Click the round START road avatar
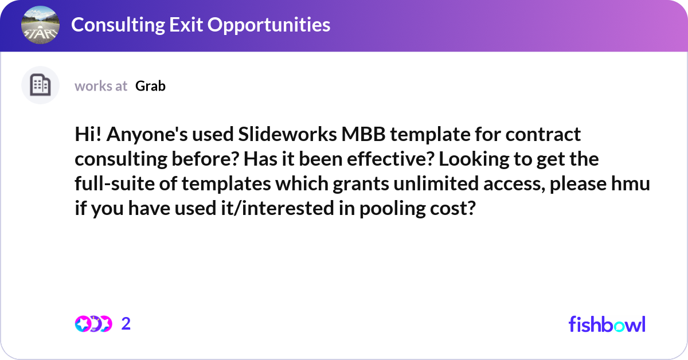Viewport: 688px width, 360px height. (40, 26)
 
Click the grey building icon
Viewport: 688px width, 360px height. (40, 86)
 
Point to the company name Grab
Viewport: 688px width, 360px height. (150, 86)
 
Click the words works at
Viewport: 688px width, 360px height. (101, 86)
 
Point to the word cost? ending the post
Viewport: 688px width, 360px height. (456, 209)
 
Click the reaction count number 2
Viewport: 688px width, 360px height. (126, 324)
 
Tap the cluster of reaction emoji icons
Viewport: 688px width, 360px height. (93, 324)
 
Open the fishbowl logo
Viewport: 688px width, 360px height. (607, 324)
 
